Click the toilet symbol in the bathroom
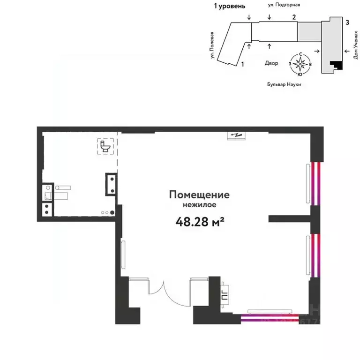pyautogui.click(x=105, y=146)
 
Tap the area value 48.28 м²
pyautogui.click(x=199, y=221)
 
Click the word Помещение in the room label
pyautogui.click(x=199, y=195)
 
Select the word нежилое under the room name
pyautogui.click(x=199, y=204)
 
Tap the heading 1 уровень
pyautogui.click(x=229, y=6)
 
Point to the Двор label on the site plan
pyautogui.click(x=271, y=63)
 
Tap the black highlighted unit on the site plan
pyautogui.click(x=336, y=66)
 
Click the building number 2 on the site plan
pyautogui.click(x=294, y=17)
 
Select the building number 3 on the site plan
pyautogui.click(x=347, y=22)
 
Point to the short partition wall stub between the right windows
pyautogui.click(x=291, y=218)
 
